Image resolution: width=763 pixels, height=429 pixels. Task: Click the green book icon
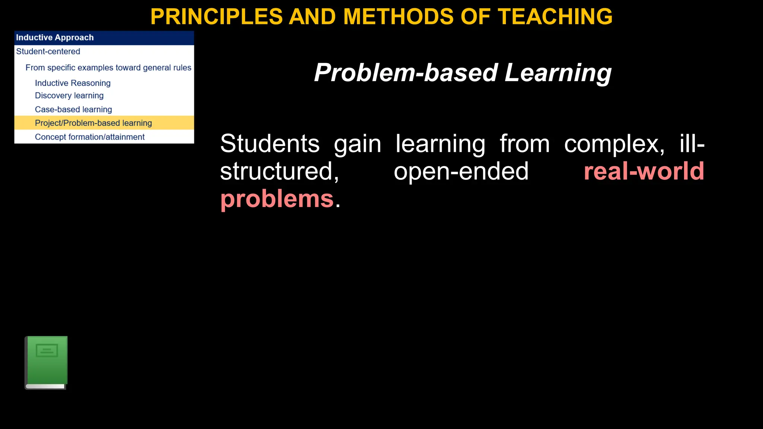click(46, 362)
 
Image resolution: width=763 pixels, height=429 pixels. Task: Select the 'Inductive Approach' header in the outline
click(55, 38)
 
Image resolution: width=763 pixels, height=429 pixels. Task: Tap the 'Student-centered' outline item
click(48, 51)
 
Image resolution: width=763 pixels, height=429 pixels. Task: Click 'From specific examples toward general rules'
click(108, 68)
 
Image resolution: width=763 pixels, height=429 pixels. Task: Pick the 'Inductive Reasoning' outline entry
click(73, 83)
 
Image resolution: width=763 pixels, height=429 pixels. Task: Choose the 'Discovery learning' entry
click(69, 96)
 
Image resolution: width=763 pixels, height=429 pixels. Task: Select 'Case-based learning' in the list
click(73, 109)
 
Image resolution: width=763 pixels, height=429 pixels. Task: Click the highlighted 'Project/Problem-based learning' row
click(93, 123)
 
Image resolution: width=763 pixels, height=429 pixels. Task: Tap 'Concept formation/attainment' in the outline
click(89, 137)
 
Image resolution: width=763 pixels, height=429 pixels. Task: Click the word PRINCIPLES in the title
click(216, 17)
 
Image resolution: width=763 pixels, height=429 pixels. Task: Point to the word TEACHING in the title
click(555, 17)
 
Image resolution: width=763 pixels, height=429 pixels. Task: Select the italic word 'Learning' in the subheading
click(558, 73)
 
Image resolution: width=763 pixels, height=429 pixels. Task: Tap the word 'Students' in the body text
click(270, 144)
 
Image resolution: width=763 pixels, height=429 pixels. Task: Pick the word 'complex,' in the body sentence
click(614, 144)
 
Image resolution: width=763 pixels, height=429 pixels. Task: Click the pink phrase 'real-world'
click(644, 171)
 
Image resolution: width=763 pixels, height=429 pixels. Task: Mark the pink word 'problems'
click(277, 199)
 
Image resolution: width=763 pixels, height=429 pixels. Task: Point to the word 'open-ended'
click(461, 171)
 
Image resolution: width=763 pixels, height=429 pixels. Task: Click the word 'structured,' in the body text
click(279, 171)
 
